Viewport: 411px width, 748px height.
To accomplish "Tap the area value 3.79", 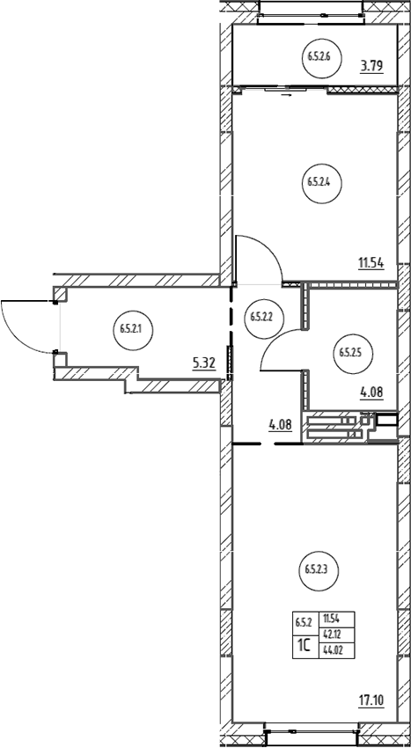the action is click(x=372, y=66).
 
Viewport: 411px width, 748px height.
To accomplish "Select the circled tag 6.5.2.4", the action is click(x=322, y=182).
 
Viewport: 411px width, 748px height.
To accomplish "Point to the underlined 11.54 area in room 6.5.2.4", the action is click(x=371, y=263).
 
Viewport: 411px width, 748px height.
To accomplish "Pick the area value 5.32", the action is click(x=204, y=364).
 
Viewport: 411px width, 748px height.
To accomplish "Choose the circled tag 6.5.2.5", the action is click(x=353, y=354).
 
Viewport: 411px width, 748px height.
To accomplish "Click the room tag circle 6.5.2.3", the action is click(x=319, y=569).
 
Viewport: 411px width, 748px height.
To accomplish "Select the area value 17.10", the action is click(x=371, y=700).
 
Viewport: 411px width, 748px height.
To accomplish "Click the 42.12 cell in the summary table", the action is click(x=337, y=635).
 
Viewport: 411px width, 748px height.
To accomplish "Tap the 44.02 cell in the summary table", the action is click(x=337, y=650).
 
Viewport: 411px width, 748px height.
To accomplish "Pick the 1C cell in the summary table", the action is click(x=305, y=647).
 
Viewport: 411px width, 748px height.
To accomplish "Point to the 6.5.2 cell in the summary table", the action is click(x=305, y=622).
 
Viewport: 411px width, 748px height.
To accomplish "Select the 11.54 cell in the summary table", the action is click(x=337, y=620).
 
